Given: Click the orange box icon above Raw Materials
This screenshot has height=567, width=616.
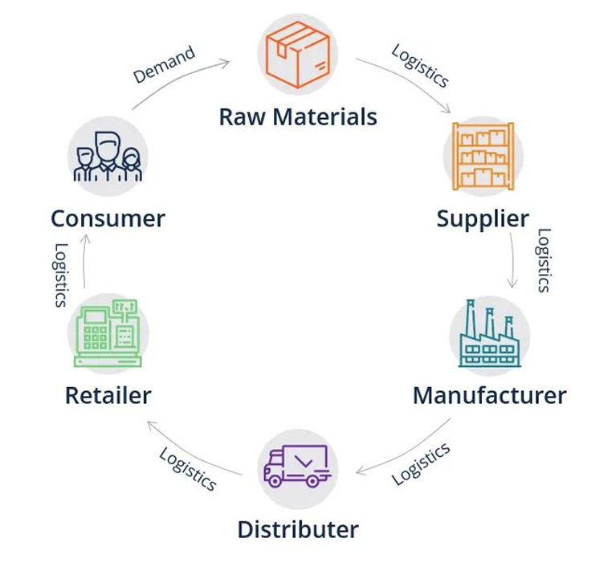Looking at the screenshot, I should pos(297,55).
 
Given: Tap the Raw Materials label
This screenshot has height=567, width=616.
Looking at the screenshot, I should pos(298,117).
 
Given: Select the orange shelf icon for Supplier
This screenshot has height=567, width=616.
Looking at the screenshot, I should pos(483,157).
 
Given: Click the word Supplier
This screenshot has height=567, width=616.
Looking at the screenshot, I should pos(483,218).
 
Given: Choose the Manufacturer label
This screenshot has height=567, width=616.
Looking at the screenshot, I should pos(489,395).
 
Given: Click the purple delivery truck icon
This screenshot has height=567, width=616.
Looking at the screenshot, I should pos(297,467).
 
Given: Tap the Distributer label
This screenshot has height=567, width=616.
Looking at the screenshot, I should pos(298,530).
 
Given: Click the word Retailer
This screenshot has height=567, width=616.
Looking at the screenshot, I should pos(108,395).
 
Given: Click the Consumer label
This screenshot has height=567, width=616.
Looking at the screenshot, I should pos(108,218).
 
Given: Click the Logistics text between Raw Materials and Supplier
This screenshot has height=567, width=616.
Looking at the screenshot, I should pos(420,65).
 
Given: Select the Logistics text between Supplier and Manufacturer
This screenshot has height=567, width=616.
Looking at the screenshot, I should pos(544,260).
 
